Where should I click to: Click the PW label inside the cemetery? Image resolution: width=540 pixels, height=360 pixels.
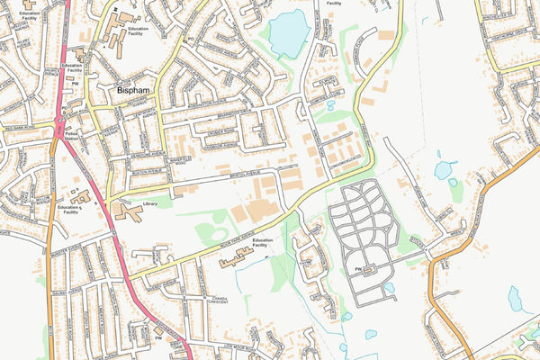tap(357, 268)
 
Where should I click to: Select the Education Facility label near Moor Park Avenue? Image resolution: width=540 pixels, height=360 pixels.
tap(262, 243)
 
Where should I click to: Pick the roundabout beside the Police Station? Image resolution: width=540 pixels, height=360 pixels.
tap(60, 121)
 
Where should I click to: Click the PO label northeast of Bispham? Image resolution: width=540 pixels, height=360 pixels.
tap(190, 40)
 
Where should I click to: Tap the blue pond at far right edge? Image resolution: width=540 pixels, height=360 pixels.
tap(517, 299)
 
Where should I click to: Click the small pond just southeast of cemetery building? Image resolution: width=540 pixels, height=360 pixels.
tap(389, 289)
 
